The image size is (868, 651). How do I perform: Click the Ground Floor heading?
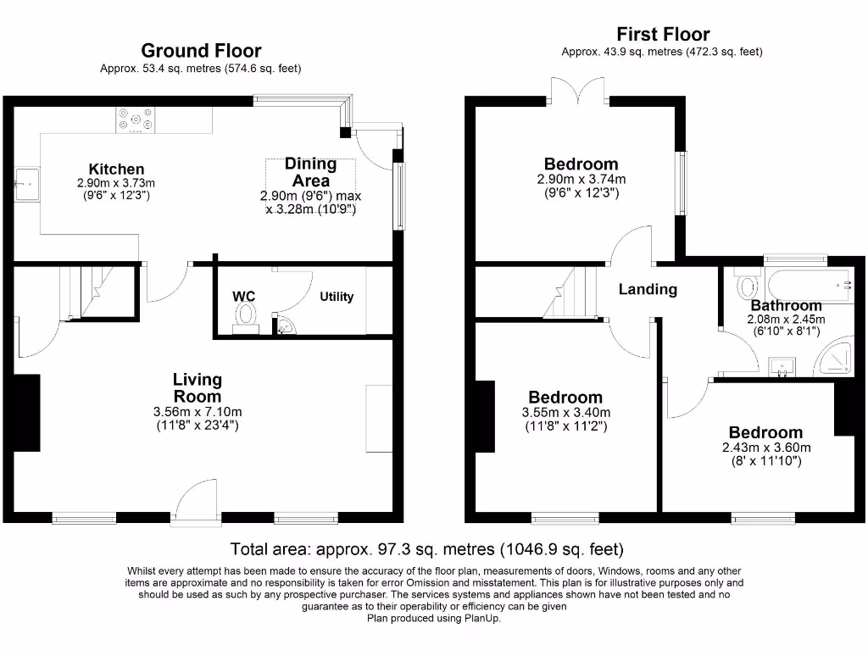201,51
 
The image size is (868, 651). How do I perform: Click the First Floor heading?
662,35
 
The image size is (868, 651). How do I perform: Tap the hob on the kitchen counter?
136,120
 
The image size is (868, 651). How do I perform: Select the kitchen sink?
26,181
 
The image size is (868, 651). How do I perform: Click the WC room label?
243,297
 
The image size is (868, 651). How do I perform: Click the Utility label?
337,297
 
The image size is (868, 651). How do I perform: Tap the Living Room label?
198,388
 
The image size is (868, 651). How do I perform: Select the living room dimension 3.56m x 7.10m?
198,412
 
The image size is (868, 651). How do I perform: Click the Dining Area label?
311,172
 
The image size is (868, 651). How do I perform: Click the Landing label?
648,289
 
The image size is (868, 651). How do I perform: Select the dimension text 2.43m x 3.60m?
766,448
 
